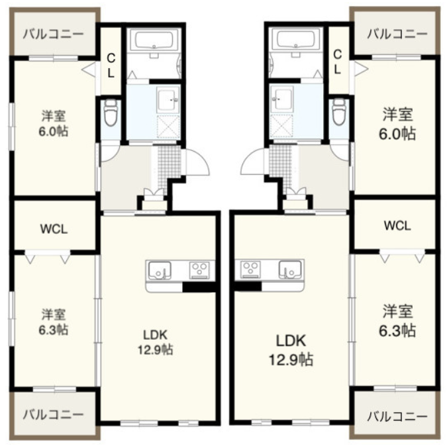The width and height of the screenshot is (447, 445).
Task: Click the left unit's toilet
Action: [111, 113]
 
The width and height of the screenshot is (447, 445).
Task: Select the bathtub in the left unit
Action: [154, 40]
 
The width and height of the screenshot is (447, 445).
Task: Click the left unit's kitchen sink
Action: [160, 270]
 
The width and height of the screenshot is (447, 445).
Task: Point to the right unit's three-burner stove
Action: [250, 270]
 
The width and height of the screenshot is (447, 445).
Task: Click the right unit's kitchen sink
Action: [290, 270]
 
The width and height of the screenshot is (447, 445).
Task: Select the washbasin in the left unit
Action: [168, 99]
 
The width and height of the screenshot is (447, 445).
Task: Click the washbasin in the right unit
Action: [281, 99]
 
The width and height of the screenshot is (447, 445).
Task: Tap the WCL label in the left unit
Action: [54, 229]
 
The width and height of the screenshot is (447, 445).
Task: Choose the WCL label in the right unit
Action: [397, 226]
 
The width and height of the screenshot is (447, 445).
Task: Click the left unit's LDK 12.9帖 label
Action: [156, 342]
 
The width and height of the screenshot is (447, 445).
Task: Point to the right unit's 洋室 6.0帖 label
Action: [397, 124]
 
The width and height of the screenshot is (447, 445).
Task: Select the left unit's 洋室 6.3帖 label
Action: [54, 322]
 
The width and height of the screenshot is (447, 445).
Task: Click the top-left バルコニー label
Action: [54, 34]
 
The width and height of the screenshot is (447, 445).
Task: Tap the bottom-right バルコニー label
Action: [397, 417]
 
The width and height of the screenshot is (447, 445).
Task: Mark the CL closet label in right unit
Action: [337, 62]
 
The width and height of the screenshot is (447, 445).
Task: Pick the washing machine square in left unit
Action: [168, 127]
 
